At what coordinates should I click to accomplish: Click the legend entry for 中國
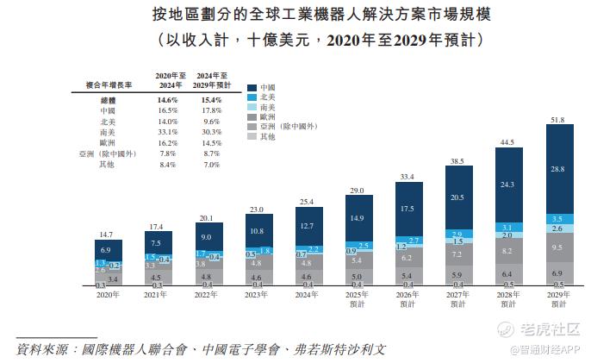[x=266, y=88]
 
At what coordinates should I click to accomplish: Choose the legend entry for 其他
[x=266, y=136]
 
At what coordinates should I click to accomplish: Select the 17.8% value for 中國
[x=211, y=111]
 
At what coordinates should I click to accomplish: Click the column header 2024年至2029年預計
[x=211, y=82]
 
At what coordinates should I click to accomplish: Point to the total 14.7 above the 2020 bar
[x=107, y=235]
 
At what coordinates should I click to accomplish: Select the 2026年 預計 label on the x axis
[x=407, y=298]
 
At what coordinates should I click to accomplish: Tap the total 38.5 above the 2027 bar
[x=457, y=161]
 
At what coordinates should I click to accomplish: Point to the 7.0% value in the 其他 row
[x=211, y=164]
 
